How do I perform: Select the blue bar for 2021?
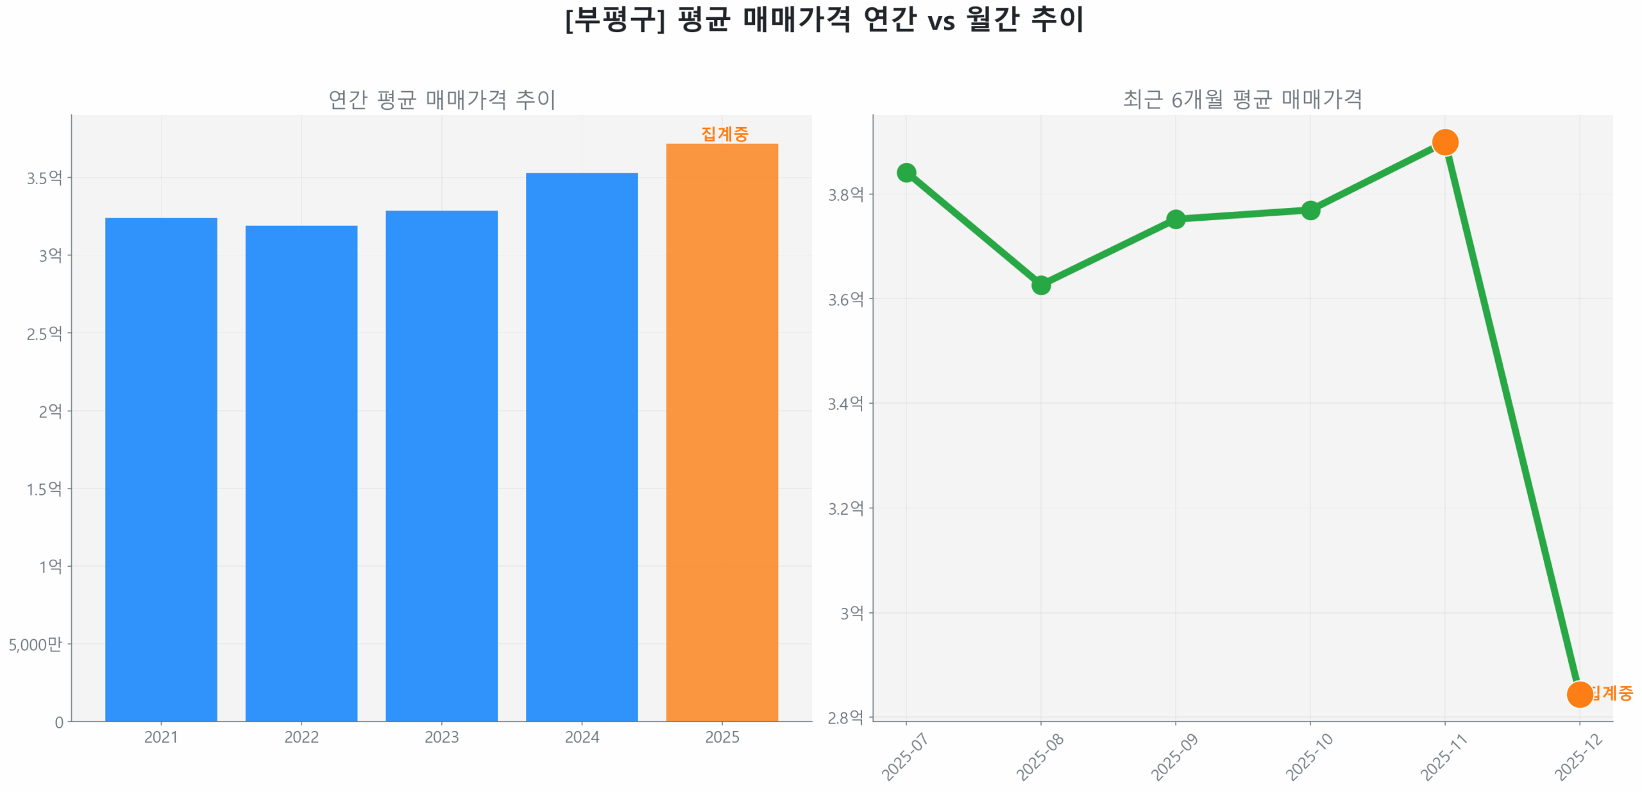point(161,469)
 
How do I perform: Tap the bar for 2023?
point(441,465)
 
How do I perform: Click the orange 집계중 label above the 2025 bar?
point(724,133)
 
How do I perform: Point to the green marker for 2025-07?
point(906,173)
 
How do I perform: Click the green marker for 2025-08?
point(1041,284)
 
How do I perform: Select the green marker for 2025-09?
point(1176,220)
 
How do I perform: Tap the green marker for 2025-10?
point(1310,211)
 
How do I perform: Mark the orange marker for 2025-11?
point(1445,142)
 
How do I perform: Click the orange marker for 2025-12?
point(1580,694)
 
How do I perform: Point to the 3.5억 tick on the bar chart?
point(44,178)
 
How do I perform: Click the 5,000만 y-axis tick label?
point(35,644)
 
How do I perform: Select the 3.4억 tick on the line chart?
point(845,404)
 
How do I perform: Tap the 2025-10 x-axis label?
point(1309,757)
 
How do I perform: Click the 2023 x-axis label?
point(441,737)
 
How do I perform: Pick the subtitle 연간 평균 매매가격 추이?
point(441,99)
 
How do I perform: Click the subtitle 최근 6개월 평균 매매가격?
point(1242,99)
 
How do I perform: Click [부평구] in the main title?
point(614,19)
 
